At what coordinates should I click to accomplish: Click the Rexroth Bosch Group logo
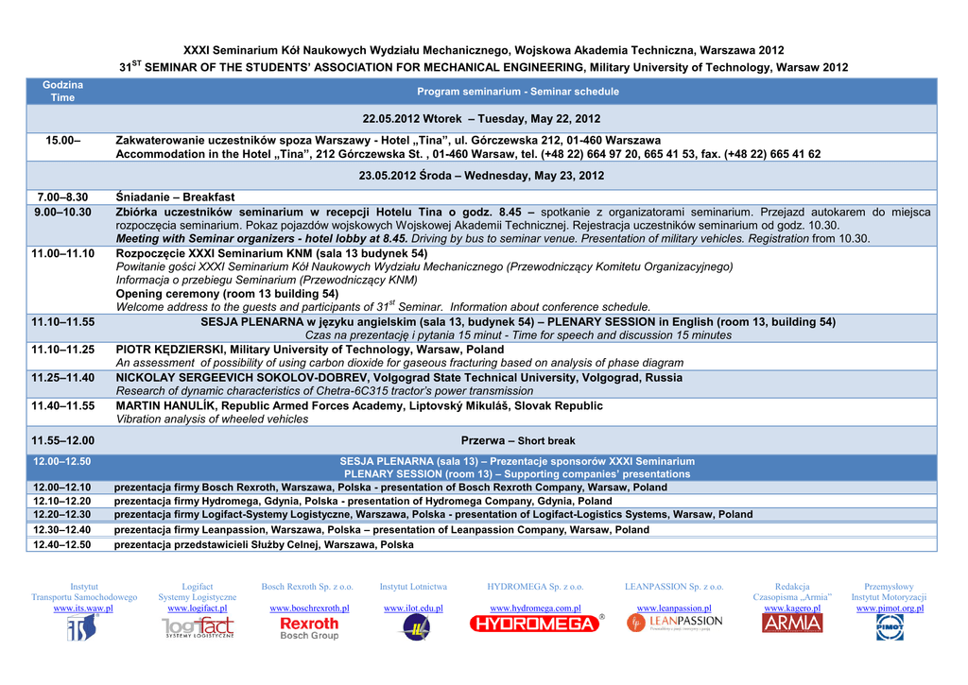(x=309, y=628)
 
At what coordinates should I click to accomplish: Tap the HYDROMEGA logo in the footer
(x=536, y=624)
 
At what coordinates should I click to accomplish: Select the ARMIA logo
(x=792, y=624)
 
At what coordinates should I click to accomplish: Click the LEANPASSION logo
(x=674, y=623)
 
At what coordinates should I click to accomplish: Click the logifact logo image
(x=198, y=627)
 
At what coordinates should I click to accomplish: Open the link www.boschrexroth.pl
(x=309, y=608)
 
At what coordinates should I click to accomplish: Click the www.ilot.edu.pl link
(x=413, y=608)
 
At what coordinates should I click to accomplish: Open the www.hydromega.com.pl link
(x=535, y=608)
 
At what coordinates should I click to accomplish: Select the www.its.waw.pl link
(x=83, y=608)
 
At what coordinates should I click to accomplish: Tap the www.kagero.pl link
(x=792, y=608)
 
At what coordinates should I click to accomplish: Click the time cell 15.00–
(x=63, y=140)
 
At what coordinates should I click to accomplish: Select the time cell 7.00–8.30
(x=62, y=197)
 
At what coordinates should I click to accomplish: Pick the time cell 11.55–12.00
(x=62, y=440)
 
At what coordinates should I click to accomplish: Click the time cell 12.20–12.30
(x=62, y=515)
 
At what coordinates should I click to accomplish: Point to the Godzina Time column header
(x=62, y=92)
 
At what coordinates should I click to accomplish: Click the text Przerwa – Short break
(x=517, y=440)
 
